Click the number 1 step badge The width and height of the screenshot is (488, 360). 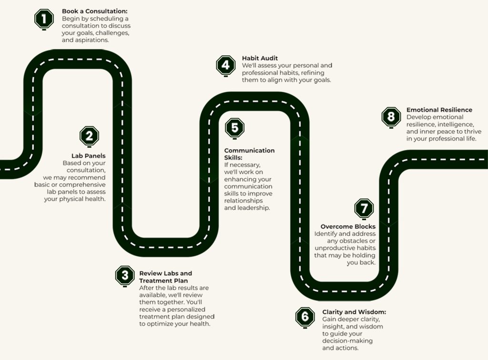(44, 19)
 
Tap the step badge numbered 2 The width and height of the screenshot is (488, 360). (89, 136)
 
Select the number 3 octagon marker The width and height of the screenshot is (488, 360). (125, 276)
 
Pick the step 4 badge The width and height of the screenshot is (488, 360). (225, 65)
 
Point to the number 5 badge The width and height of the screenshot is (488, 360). (234, 128)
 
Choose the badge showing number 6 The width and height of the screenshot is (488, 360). (305, 317)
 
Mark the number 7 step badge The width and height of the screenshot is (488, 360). (364, 208)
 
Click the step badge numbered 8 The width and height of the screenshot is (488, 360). (391, 117)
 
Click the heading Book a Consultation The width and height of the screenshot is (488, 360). (95, 11)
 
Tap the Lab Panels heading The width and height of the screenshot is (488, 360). (88, 156)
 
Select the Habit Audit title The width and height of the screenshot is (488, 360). (260, 58)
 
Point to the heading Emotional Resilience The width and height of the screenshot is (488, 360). (439, 110)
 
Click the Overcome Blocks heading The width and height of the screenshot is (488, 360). (348, 226)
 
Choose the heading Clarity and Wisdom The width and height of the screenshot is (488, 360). (354, 312)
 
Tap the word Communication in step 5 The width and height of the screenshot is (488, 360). (249, 150)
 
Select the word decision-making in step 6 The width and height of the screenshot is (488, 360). (347, 341)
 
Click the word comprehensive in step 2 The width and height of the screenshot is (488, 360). (82, 185)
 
